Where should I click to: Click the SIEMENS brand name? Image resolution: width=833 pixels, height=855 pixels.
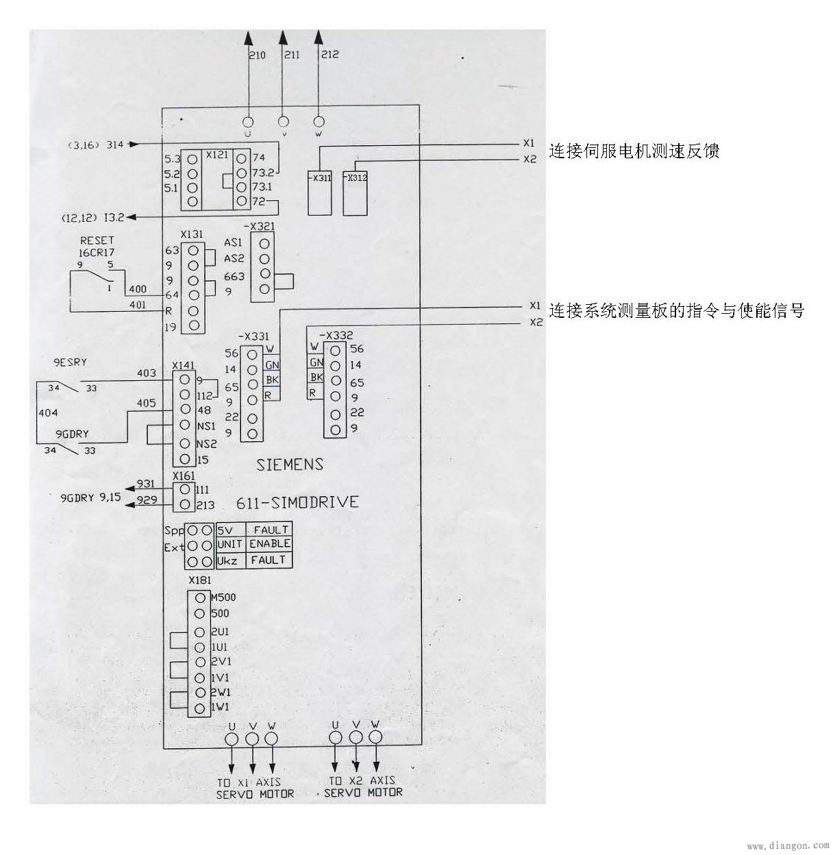[289, 464]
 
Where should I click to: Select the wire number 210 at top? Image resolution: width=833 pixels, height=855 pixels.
[257, 55]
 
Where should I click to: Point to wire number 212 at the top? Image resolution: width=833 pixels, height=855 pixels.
[330, 54]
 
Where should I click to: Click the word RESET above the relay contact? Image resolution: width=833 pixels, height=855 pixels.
[97, 240]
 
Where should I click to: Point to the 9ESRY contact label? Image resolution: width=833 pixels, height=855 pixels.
[71, 362]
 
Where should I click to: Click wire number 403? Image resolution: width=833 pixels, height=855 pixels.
[147, 373]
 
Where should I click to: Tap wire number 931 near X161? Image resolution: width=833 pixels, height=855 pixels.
[146, 484]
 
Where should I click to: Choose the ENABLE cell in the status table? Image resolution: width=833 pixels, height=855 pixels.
[270, 543]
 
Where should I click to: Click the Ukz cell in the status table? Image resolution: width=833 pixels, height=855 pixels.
[226, 560]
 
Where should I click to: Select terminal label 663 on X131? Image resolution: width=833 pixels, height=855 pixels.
[234, 276]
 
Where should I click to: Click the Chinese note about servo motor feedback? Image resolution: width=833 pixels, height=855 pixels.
[634, 151]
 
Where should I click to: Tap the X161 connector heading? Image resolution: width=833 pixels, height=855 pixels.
[184, 475]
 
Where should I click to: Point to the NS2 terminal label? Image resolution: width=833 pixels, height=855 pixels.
[206, 444]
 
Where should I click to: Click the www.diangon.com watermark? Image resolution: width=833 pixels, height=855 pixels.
[787, 846]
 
